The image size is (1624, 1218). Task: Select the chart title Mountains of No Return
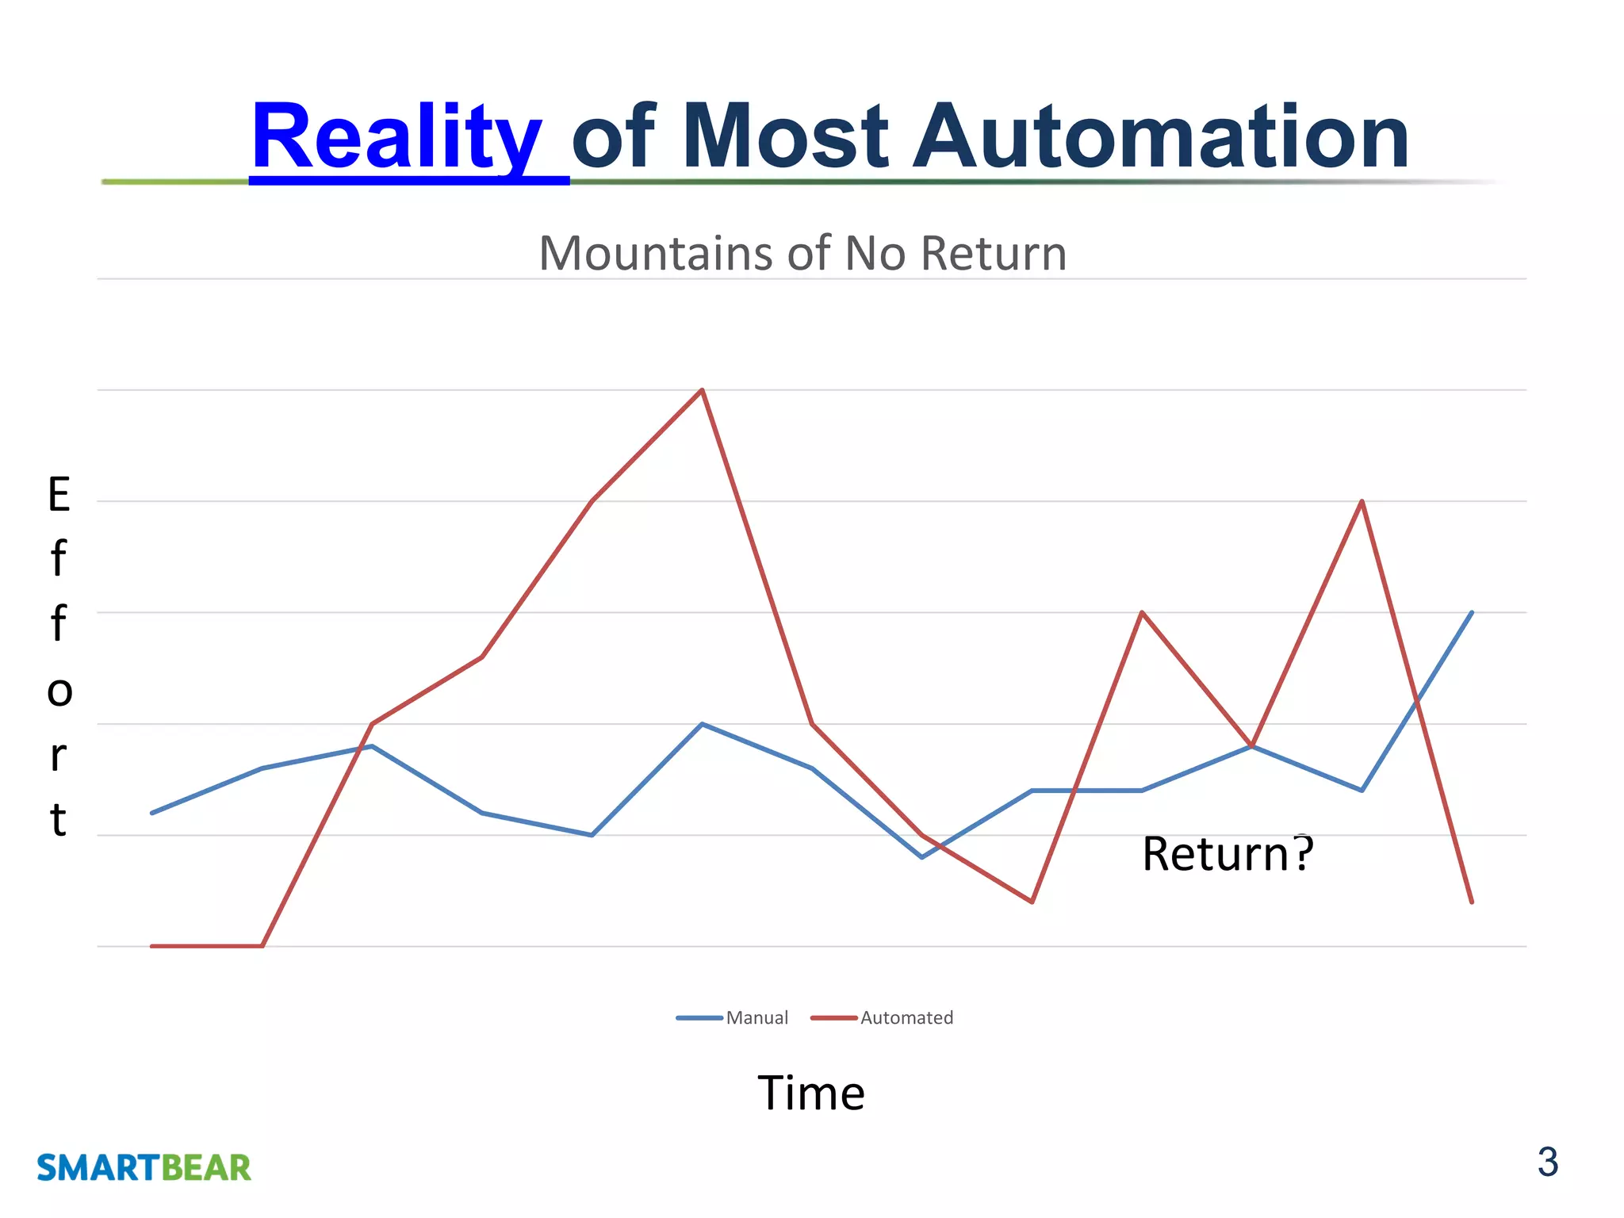tap(802, 254)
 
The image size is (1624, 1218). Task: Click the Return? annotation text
tap(1228, 854)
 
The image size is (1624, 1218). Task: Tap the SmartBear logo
tap(144, 1168)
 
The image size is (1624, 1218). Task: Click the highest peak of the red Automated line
tap(702, 390)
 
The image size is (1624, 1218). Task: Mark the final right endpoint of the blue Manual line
tap(1472, 613)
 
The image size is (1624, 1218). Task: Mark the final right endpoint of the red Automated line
tap(1472, 902)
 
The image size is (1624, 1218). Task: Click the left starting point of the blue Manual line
tap(152, 813)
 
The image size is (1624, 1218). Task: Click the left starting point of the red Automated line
tap(152, 946)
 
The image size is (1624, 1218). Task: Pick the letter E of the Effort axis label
tap(59, 495)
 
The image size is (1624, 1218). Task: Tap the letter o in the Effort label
tap(59, 691)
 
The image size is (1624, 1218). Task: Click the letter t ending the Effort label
tap(58, 820)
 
